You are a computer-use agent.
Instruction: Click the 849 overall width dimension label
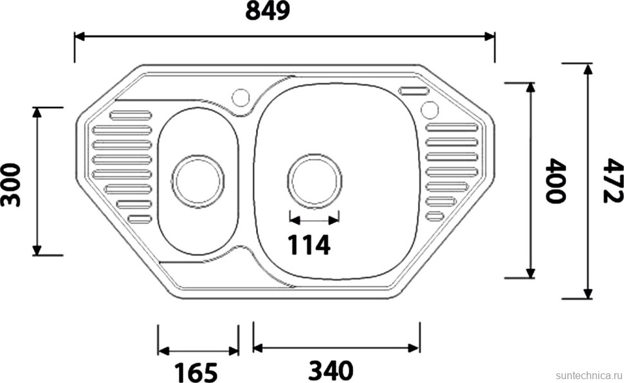pos(268,12)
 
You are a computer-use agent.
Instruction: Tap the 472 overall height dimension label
pos(612,181)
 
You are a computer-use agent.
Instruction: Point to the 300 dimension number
pos(11,185)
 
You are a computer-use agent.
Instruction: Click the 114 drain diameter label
pos(308,245)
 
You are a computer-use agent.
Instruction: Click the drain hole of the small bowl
pos(197,180)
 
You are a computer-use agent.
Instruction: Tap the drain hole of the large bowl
pos(315,180)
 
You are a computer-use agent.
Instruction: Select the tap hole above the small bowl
pos(241,97)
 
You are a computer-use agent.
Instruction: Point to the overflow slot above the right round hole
pos(414,91)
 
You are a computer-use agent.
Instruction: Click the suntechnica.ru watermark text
pos(587,374)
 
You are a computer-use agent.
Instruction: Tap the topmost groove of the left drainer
pos(131,116)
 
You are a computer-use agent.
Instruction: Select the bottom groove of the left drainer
pos(140,219)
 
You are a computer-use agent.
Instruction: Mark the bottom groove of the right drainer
pos(436,216)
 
